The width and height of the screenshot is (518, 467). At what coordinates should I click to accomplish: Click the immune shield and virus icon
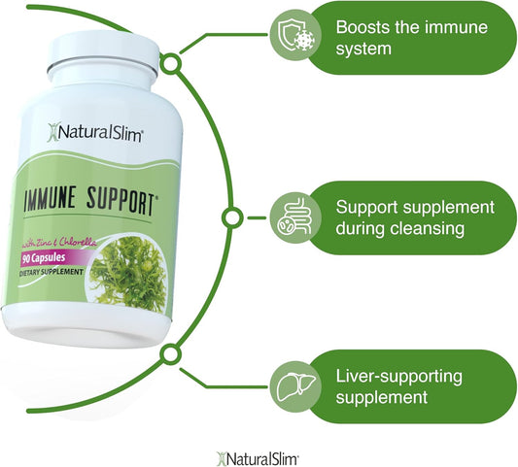[x=295, y=35]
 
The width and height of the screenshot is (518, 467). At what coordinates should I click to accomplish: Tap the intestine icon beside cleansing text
[x=294, y=217]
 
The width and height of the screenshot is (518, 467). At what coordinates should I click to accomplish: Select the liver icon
[x=295, y=385]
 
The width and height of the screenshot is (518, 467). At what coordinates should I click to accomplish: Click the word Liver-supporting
[x=398, y=377]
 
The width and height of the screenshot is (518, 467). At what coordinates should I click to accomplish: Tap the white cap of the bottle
[x=103, y=51]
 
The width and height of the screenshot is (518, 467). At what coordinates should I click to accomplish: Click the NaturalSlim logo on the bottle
[x=94, y=133]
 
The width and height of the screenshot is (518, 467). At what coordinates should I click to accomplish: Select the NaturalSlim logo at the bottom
[x=258, y=459]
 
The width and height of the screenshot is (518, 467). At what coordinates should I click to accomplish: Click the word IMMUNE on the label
[x=50, y=198]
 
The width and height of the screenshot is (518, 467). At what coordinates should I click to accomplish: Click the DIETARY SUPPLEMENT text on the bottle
[x=52, y=272]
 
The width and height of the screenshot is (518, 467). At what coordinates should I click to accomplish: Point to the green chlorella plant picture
[x=128, y=275]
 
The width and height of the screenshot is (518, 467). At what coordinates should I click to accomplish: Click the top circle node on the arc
[x=171, y=63]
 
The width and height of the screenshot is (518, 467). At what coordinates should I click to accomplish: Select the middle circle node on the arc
[x=232, y=217]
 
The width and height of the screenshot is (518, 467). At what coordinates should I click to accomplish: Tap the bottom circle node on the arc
[x=170, y=354]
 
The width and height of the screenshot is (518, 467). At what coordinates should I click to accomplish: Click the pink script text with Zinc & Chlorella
[x=59, y=244]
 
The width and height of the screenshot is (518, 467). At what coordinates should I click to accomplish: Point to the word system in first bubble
[x=363, y=50]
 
